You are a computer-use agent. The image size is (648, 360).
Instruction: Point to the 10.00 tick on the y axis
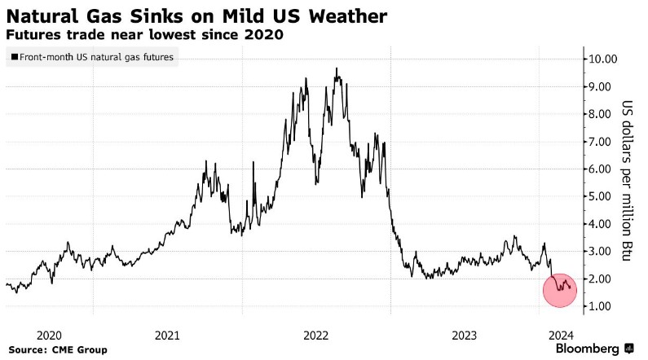click(x=606, y=59)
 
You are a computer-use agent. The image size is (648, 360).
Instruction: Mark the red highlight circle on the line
click(x=559, y=289)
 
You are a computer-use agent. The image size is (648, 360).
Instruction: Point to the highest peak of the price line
click(x=337, y=68)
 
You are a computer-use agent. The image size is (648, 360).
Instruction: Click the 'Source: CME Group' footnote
click(x=58, y=350)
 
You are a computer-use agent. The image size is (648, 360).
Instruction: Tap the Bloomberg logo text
click(x=587, y=349)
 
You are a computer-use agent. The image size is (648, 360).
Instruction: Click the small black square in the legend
click(x=15, y=58)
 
